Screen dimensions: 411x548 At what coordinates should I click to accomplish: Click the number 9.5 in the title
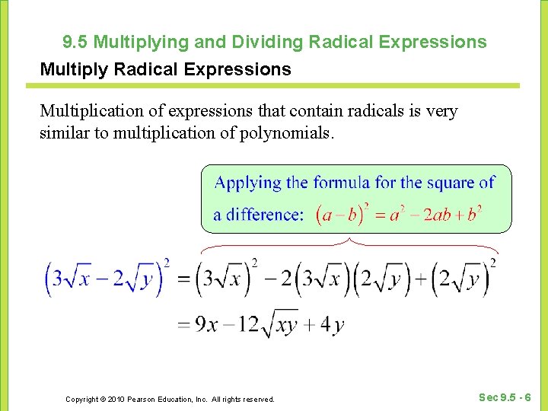75,41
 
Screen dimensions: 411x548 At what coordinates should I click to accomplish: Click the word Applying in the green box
248,183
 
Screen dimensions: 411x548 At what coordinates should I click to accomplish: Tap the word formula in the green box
342,183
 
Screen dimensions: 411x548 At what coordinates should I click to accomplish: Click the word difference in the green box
263,215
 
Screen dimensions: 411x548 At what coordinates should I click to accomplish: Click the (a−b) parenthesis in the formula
341,215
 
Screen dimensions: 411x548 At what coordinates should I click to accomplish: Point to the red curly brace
349,244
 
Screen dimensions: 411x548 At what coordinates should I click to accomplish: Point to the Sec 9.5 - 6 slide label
505,397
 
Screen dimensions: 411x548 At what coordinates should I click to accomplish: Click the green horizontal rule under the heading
279,85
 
